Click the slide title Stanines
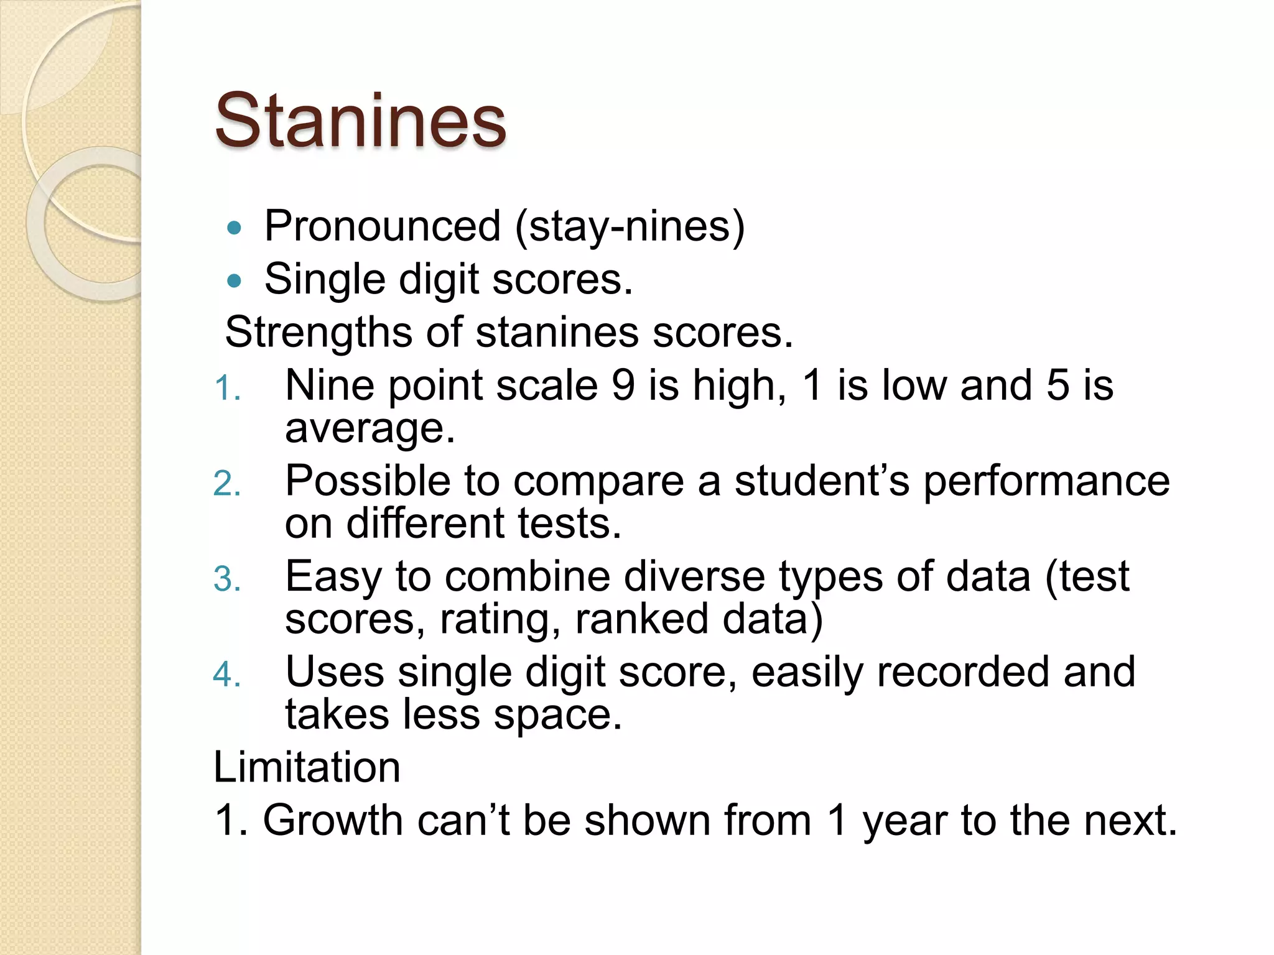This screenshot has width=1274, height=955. [x=360, y=121]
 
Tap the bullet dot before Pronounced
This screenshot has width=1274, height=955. [x=234, y=228]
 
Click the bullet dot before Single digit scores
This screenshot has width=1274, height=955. [x=234, y=282]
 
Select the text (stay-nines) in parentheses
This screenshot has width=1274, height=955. [x=630, y=226]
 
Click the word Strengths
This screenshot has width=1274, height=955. [x=318, y=332]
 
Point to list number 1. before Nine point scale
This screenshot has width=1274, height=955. [x=226, y=389]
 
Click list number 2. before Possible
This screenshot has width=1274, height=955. [x=226, y=484]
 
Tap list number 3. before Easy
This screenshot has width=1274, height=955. [x=226, y=579]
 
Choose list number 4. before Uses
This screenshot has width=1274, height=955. [x=226, y=675]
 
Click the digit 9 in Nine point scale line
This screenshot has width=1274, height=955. [x=623, y=385]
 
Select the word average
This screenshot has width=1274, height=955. [x=370, y=429]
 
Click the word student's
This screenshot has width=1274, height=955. [x=822, y=481]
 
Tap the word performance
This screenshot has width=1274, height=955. [x=1046, y=482]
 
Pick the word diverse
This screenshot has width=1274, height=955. [x=694, y=576]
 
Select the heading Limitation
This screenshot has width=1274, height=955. [x=307, y=767]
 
